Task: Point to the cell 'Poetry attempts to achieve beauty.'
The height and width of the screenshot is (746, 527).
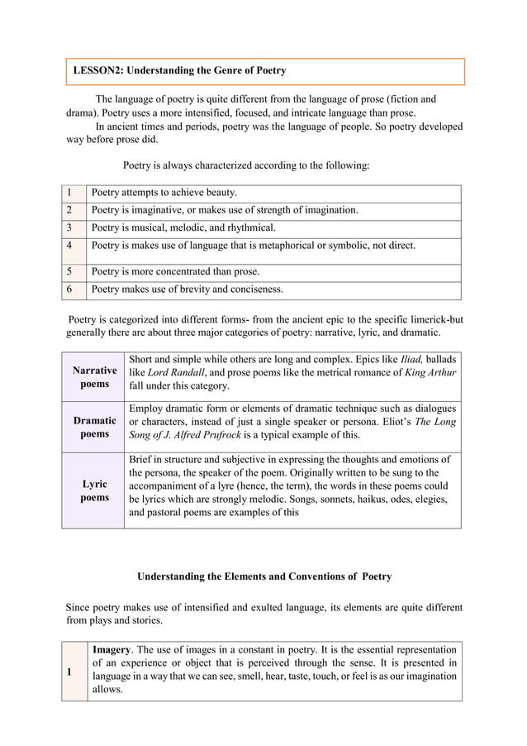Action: tap(164, 194)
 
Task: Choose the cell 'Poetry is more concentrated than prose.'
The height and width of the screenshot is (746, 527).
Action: tap(175, 271)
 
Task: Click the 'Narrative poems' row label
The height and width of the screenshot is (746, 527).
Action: tap(94, 378)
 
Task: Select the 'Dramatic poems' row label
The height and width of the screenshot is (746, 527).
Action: tap(94, 428)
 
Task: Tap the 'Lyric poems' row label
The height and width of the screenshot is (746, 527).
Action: tap(94, 491)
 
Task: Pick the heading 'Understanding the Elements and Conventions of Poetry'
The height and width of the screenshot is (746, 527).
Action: tap(263, 576)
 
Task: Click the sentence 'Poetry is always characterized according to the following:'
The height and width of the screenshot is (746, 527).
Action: tap(245, 165)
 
